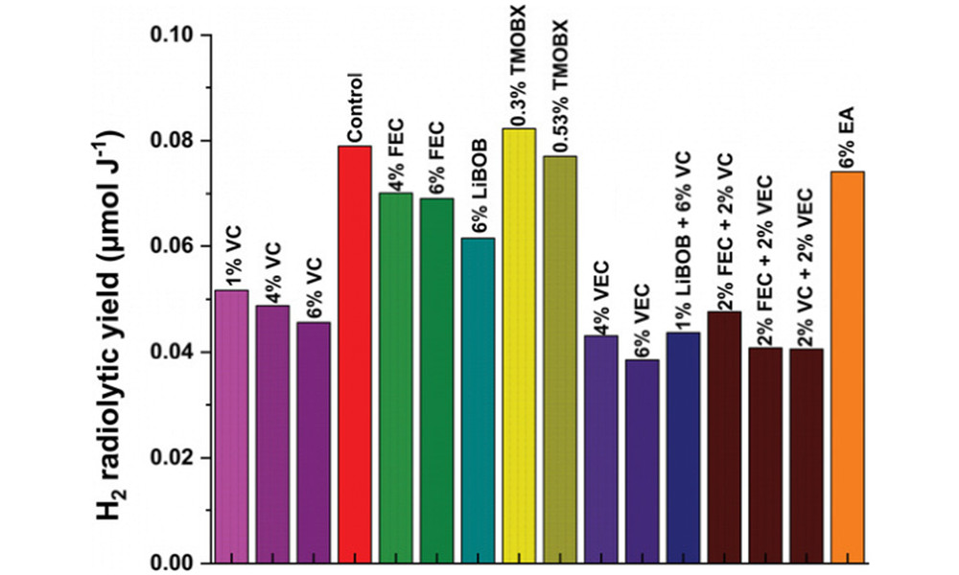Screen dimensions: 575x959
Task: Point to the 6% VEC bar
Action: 643,461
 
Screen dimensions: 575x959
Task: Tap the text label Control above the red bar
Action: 356,105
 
